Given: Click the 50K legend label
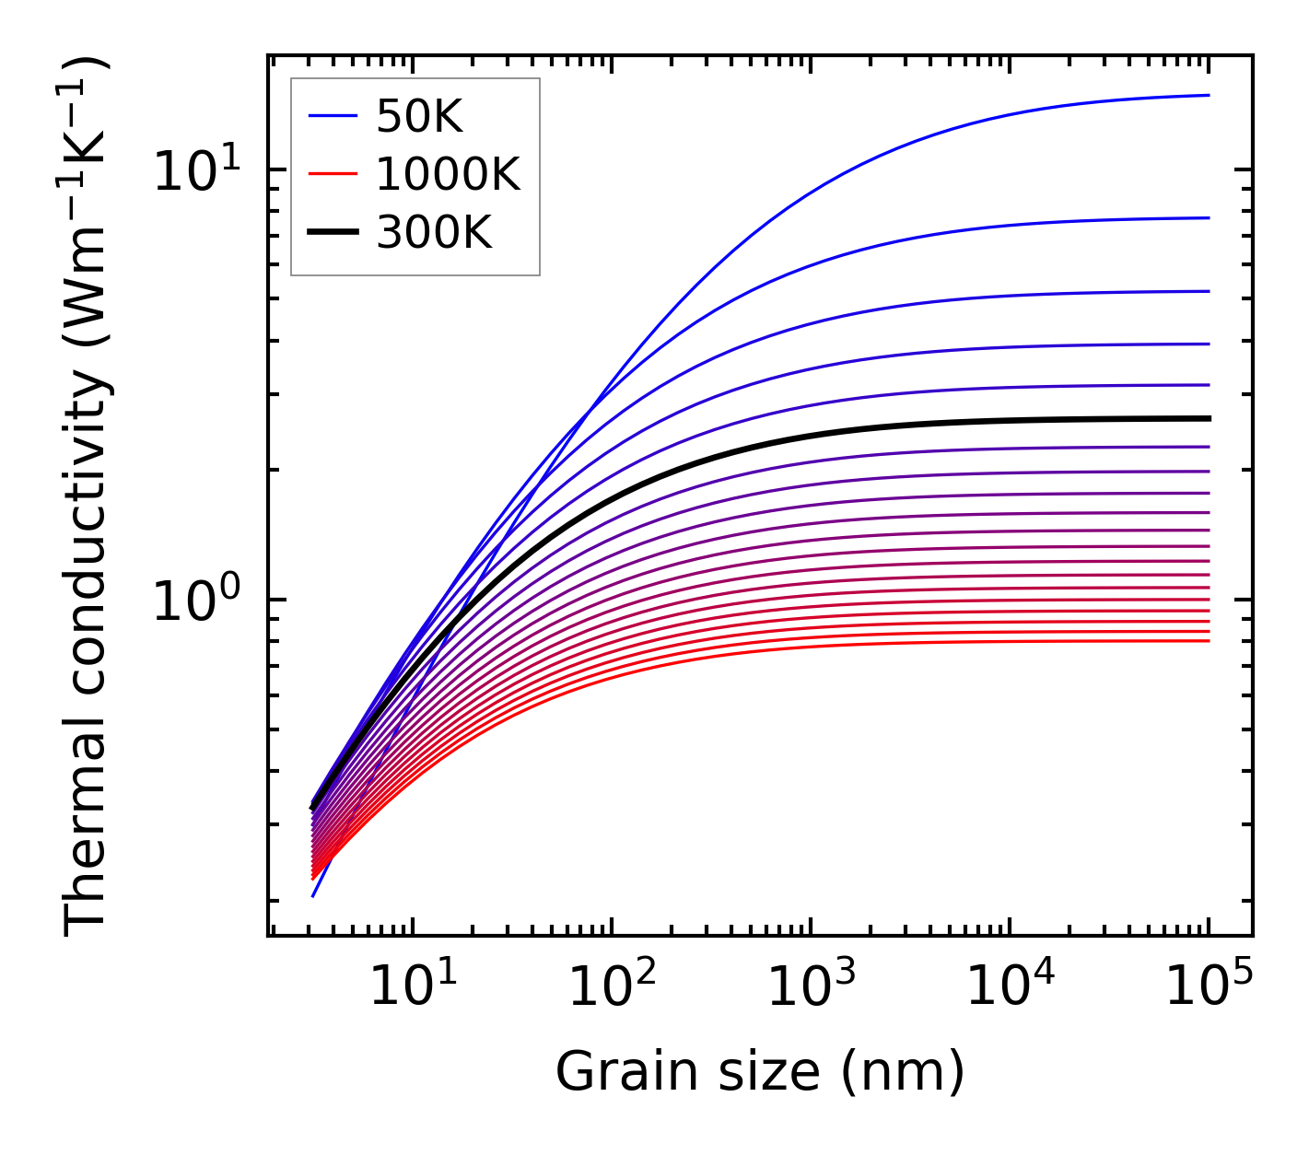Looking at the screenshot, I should tap(419, 116).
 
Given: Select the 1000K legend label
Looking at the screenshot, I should tap(448, 174).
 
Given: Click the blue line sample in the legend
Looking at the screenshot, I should tap(332, 116).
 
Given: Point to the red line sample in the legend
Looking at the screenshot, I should tap(332, 174).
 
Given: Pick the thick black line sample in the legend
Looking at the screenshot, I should tap(332, 233).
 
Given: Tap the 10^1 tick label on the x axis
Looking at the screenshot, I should tap(412, 987).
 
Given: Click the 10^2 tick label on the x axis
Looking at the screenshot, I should tap(611, 987).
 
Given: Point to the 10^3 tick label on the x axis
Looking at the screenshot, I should tap(810, 987).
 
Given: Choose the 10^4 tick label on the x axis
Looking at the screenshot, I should tap(1009, 987).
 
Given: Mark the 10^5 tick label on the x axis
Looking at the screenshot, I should tap(1208, 987).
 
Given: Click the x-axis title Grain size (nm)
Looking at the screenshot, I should tap(760, 1072).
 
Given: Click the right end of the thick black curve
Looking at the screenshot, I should tap(1208, 418).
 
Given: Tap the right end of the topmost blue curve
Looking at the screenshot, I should tap(1208, 95).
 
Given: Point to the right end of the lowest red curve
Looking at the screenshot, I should tap(1208, 640).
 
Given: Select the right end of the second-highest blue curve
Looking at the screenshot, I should tap(1208, 218).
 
